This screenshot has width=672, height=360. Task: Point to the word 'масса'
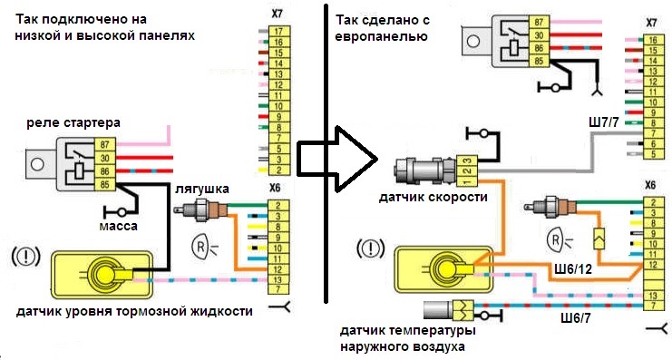pos(121,223)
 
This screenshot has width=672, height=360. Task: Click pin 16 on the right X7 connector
pos(649,42)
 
